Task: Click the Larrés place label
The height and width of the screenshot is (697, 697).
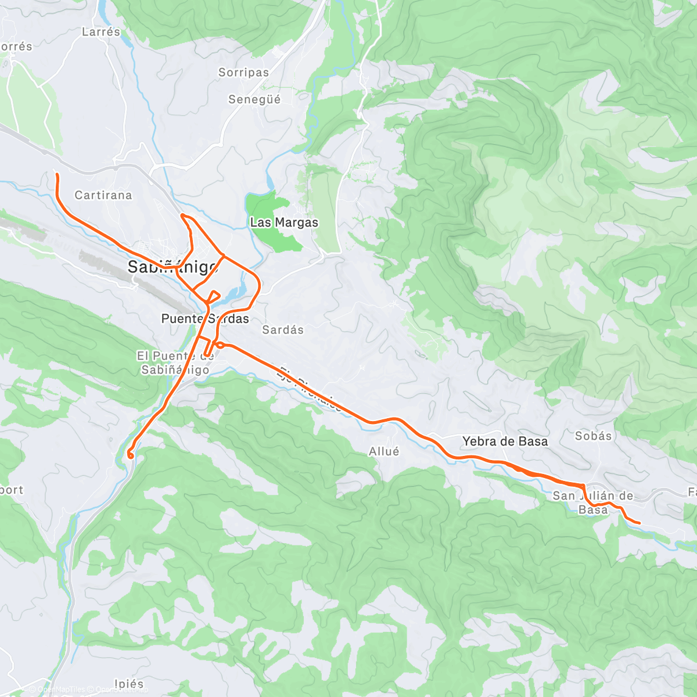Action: pyautogui.click(x=101, y=32)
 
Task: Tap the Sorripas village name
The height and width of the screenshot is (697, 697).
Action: pyautogui.click(x=243, y=73)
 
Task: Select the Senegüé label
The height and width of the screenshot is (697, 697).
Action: pyautogui.click(x=254, y=99)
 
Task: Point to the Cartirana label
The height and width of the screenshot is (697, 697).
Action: pyautogui.click(x=103, y=195)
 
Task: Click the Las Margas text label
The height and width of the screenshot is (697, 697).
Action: pyautogui.click(x=284, y=222)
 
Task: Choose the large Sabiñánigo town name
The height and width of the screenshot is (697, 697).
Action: pyautogui.click(x=173, y=267)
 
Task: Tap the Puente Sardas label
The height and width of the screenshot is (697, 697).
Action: pyautogui.click(x=205, y=318)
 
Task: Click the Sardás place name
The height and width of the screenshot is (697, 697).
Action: pyautogui.click(x=283, y=330)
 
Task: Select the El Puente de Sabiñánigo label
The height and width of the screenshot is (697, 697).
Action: pyautogui.click(x=175, y=362)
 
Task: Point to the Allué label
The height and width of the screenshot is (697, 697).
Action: pyautogui.click(x=384, y=451)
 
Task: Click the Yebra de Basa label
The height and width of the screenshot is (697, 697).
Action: pyautogui.click(x=505, y=441)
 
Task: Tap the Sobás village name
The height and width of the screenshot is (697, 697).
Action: pyautogui.click(x=593, y=436)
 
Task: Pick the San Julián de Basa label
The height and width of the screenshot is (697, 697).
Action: pyautogui.click(x=592, y=502)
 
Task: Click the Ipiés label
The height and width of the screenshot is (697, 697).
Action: pyautogui.click(x=129, y=684)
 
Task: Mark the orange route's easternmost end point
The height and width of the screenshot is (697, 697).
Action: pyautogui.click(x=639, y=523)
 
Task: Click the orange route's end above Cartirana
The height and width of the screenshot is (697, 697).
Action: pyautogui.click(x=56, y=174)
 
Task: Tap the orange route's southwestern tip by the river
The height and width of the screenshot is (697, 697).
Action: pyautogui.click(x=131, y=456)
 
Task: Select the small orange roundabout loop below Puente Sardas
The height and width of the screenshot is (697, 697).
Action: pyautogui.click(x=220, y=345)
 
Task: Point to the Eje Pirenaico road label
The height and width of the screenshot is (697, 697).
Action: pyautogui.click(x=311, y=388)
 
